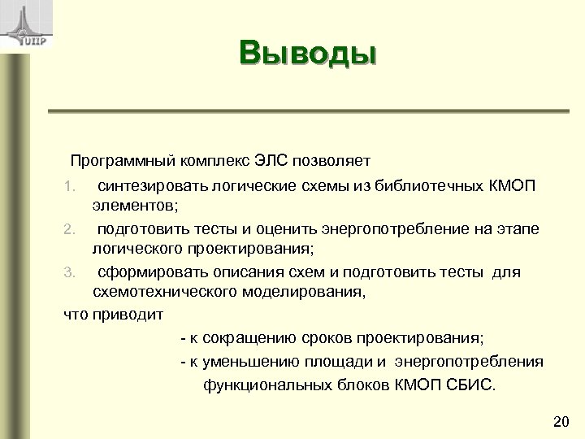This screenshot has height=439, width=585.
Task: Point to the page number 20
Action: click(x=560, y=420)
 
